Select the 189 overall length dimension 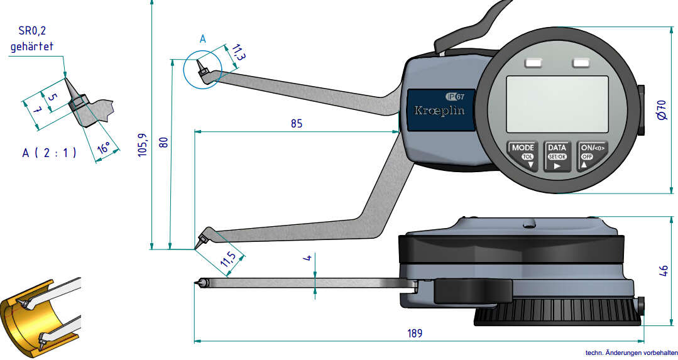pyautogui.click(x=414, y=333)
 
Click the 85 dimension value pyautogui.click(x=296, y=123)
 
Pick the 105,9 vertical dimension pyautogui.click(x=143, y=145)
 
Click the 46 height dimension pyautogui.click(x=663, y=271)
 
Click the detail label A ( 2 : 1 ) pyautogui.click(x=48, y=153)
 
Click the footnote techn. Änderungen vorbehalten pyautogui.click(x=630, y=353)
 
